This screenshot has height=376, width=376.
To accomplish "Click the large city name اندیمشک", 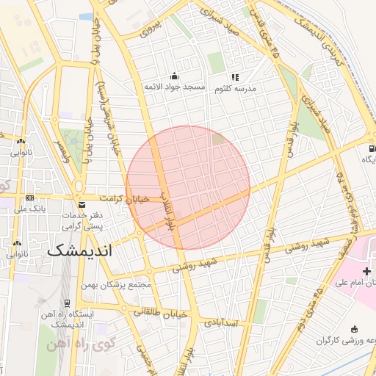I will click(x=80, y=250).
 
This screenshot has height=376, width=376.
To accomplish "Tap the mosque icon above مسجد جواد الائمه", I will click(x=174, y=76).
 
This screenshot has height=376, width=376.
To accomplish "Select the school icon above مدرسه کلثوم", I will click(x=235, y=76).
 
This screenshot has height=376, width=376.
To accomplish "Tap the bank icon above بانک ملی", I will click(x=29, y=198).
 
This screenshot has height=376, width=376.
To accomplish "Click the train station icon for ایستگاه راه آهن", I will click(x=68, y=303).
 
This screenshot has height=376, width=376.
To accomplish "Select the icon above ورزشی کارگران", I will click(x=355, y=329).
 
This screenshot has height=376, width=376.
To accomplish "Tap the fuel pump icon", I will click(x=366, y=148).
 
